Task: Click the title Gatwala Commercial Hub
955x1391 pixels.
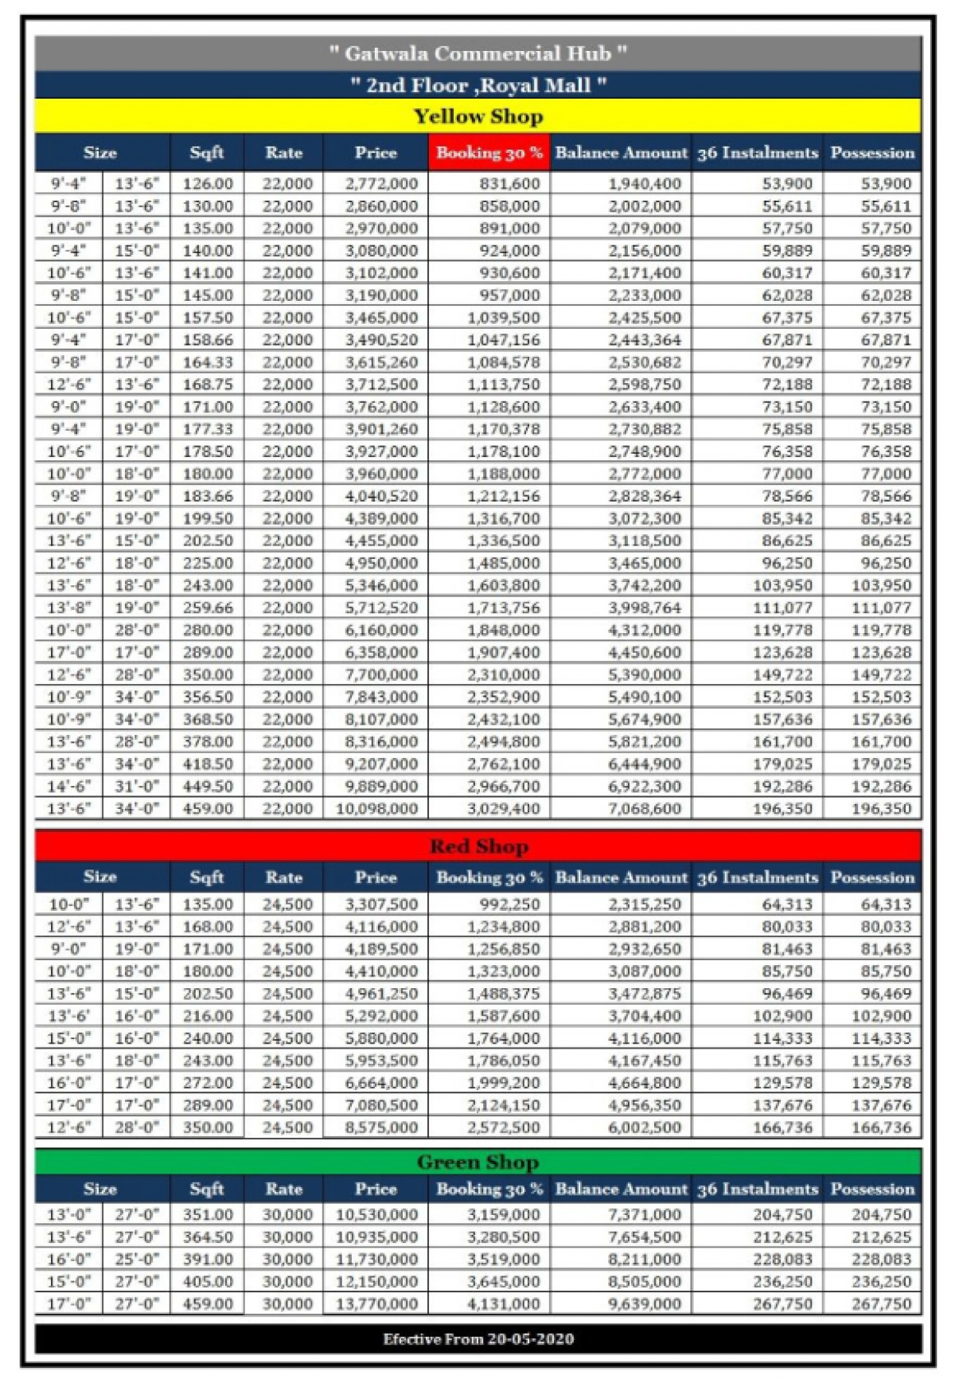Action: pos(477,53)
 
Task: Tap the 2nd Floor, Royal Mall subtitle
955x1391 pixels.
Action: pos(477,85)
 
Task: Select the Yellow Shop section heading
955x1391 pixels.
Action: pos(477,116)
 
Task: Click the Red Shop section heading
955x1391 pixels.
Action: pos(477,846)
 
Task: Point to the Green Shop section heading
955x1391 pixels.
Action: pos(477,1162)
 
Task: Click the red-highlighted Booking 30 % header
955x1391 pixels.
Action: pos(489,153)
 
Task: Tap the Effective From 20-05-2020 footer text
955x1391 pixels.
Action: pos(477,1338)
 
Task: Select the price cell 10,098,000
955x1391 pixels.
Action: pos(376,808)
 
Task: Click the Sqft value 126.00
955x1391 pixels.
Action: pos(208,183)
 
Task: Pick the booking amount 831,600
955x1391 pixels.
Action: pos(509,183)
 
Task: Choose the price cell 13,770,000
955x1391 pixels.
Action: pos(376,1303)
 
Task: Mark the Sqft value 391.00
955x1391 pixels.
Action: pos(208,1259)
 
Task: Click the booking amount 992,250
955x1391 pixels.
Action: pos(509,904)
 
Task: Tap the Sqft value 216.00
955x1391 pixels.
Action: pos(208,1015)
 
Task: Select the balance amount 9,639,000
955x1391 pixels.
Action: pos(644,1303)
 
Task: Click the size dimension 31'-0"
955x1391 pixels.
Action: pos(137,786)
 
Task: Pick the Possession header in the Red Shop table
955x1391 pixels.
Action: pos(872,877)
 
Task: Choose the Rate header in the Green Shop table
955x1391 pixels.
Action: pos(283,1189)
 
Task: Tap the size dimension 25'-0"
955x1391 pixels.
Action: pos(137,1259)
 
